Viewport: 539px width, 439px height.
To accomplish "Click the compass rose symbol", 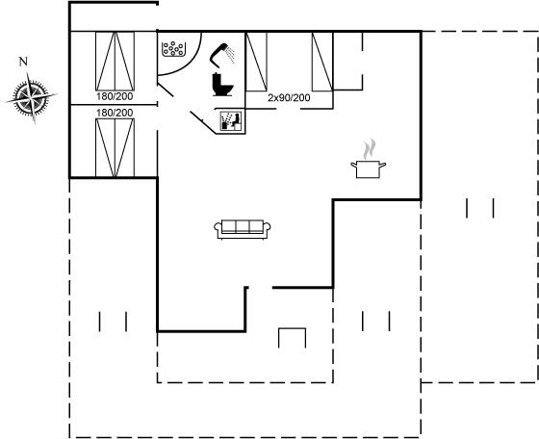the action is click(31, 97).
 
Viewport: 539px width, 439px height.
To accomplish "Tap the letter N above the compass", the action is click(23, 62).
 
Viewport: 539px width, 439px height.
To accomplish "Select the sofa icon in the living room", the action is click(243, 229).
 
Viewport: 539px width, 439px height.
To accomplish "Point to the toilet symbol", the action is click(222, 85).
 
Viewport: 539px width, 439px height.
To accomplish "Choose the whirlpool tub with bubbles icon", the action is click(173, 49).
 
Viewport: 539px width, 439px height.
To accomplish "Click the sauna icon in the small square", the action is click(231, 120).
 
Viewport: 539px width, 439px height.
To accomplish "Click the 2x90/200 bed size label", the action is click(289, 98).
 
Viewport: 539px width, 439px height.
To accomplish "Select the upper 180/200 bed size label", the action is click(115, 96).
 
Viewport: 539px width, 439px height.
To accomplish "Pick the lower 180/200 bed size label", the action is click(115, 113).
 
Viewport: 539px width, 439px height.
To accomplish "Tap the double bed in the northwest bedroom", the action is click(115, 62).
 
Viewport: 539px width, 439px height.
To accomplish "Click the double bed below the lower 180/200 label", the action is click(115, 148).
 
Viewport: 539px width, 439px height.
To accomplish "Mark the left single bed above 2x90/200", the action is click(256, 62).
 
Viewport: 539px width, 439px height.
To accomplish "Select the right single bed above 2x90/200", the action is click(322, 62).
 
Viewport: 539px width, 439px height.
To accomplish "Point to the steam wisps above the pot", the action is click(370, 149).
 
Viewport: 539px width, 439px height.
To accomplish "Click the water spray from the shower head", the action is click(231, 55).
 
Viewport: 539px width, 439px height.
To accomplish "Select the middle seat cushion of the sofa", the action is click(243, 226).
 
